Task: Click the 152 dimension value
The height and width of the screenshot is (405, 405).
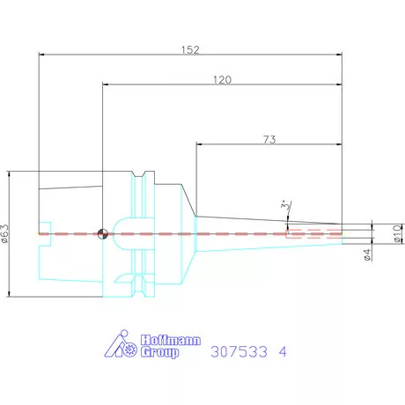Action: [x=190, y=49]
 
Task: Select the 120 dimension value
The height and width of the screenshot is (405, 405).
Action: [x=222, y=79]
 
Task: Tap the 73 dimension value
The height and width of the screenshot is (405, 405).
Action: [x=269, y=139]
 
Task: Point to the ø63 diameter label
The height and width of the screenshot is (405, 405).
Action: [x=5, y=233]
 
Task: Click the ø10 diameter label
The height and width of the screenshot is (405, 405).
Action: [x=398, y=234]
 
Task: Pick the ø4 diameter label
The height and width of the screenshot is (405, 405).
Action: [x=367, y=254]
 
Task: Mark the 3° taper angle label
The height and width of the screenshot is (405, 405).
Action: [x=285, y=204]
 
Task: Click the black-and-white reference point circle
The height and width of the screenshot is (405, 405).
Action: [x=102, y=234]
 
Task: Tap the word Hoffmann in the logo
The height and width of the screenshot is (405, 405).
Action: [x=171, y=340]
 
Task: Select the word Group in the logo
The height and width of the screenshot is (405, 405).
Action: [x=159, y=352]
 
